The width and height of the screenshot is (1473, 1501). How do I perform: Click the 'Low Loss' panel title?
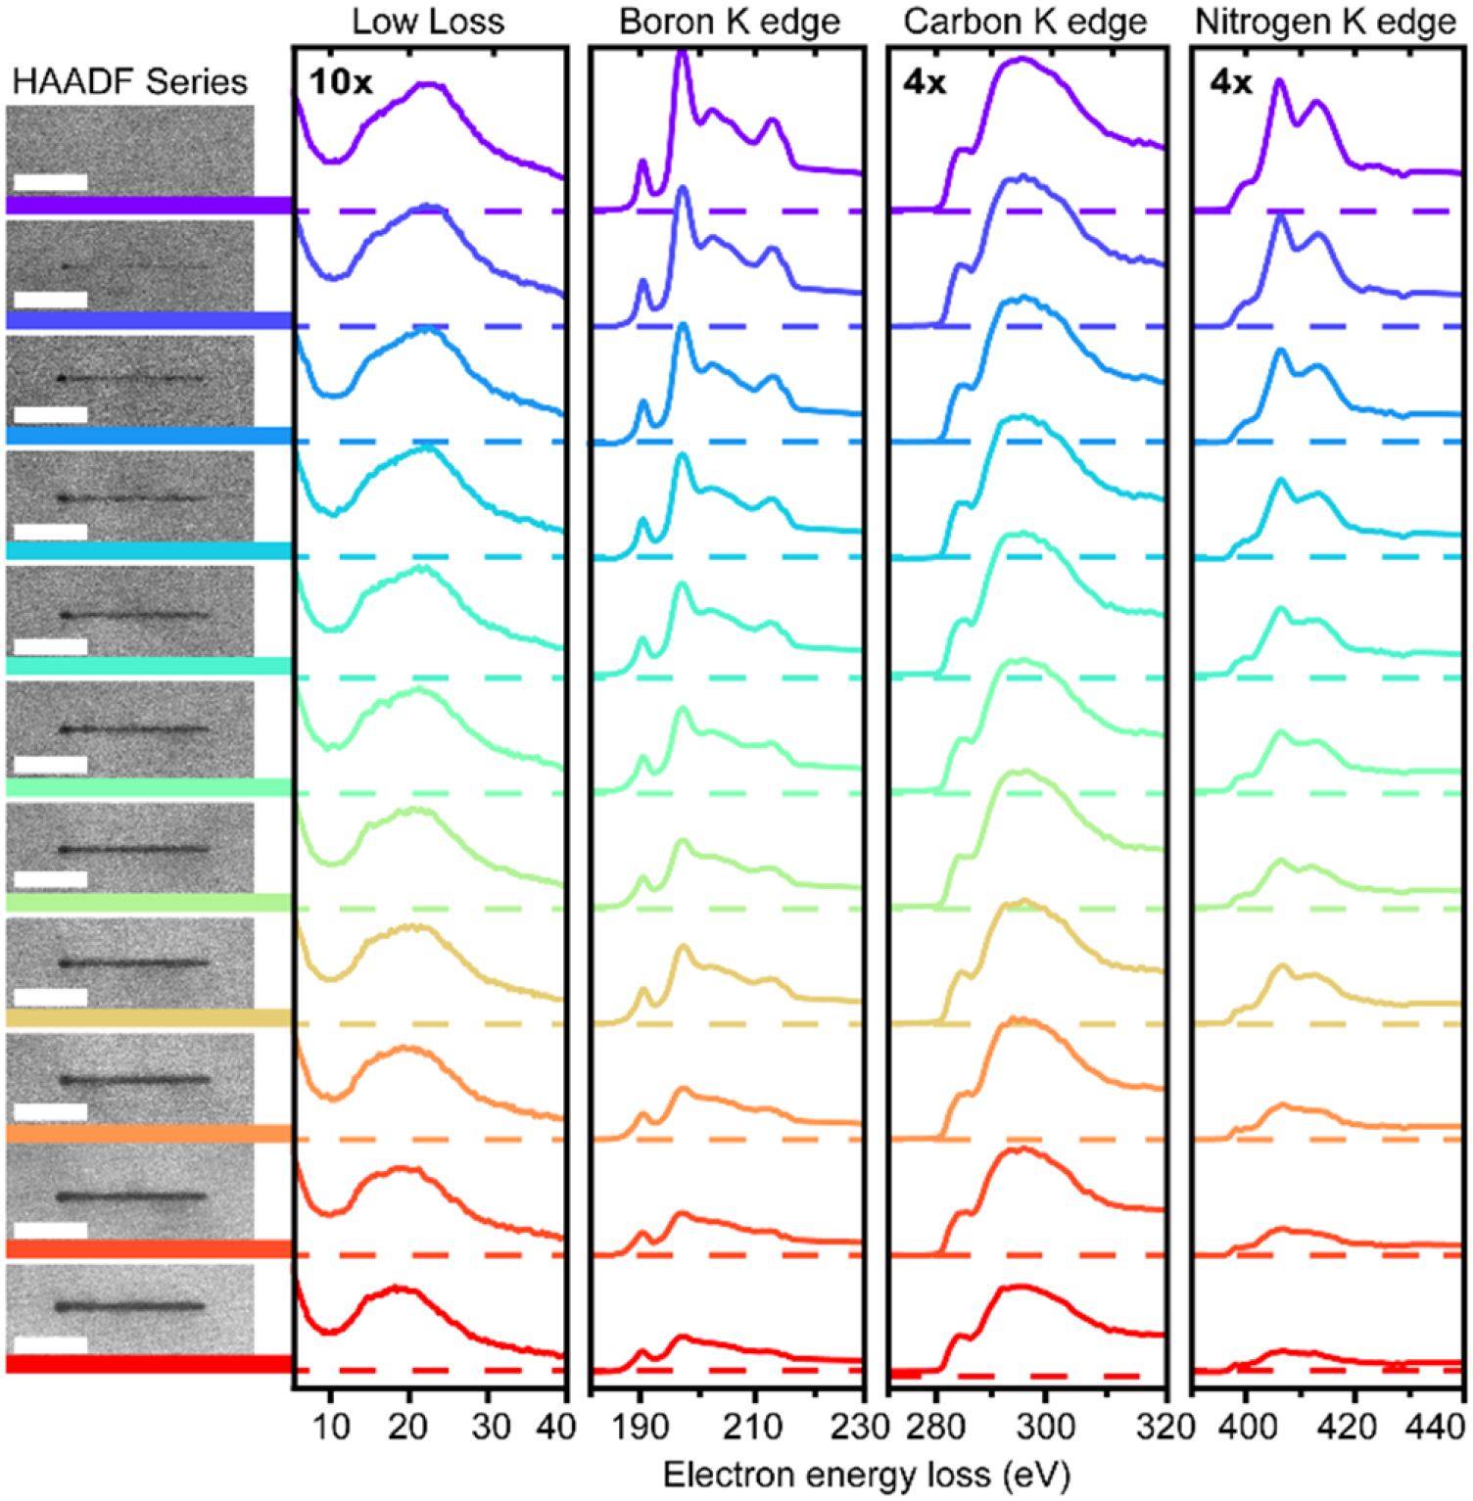428,22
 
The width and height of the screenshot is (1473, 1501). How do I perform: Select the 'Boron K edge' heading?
730,22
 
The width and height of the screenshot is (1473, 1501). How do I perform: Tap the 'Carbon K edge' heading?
1024,22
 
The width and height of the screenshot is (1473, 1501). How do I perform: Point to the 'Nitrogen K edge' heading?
1325,22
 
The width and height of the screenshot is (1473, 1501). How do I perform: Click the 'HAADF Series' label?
129,81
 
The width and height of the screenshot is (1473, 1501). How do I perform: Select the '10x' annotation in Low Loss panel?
340,82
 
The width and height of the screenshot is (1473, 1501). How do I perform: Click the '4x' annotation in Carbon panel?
924,82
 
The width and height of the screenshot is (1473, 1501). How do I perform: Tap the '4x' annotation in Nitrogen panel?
1230,82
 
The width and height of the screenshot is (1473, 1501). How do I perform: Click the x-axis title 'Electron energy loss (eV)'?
866,1475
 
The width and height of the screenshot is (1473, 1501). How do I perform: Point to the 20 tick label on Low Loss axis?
407,1428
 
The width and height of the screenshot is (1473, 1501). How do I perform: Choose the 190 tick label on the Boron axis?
641,1428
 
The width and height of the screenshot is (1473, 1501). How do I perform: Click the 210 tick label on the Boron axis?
753,1428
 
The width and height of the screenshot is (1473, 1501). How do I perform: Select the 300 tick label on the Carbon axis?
1045,1428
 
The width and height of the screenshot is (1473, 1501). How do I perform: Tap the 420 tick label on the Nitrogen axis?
1348,1428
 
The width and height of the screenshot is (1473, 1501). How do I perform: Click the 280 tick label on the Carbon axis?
935,1428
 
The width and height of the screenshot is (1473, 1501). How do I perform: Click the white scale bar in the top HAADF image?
51,182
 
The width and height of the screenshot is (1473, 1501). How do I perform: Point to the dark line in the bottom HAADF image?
130,1306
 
